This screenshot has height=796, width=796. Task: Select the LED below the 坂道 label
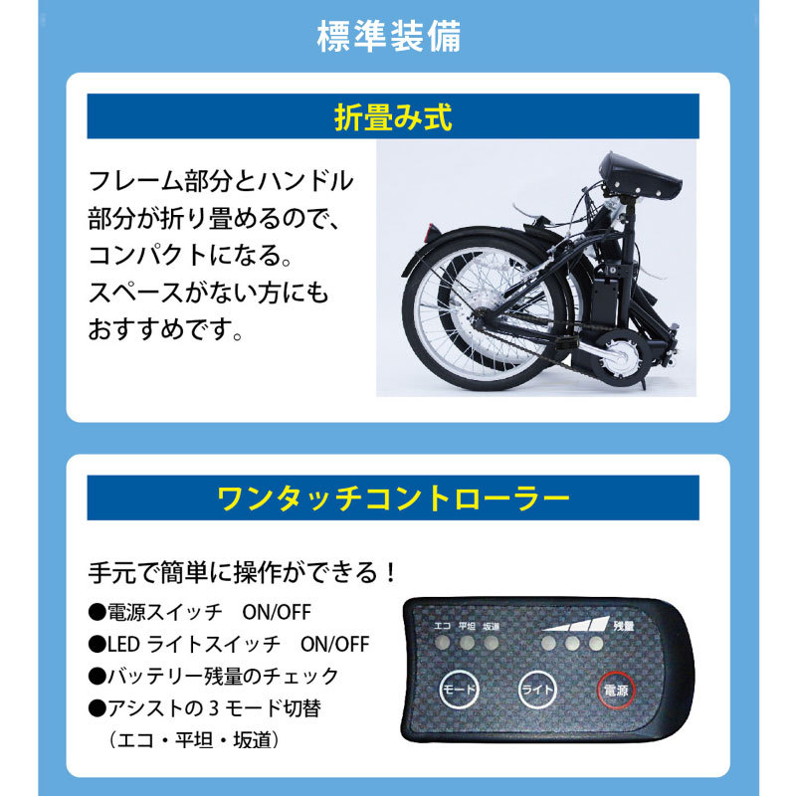(x=491, y=644)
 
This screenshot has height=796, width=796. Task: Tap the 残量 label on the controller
(x=623, y=626)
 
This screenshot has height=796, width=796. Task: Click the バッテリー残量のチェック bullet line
(x=214, y=676)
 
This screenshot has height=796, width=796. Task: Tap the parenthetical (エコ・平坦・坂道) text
(x=193, y=740)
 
